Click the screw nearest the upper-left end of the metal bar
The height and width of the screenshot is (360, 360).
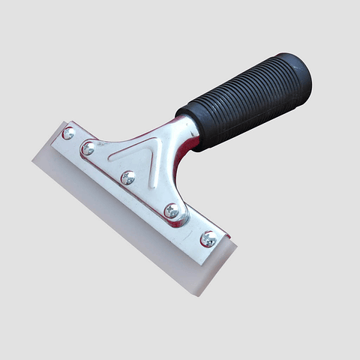point(68,133)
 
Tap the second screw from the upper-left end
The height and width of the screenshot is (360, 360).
point(88,148)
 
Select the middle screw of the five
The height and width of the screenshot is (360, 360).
point(128,178)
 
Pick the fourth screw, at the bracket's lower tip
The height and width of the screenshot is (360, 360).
point(172,211)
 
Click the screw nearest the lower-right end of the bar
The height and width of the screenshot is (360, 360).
point(208,238)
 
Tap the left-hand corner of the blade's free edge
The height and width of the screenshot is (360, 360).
point(34,159)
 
